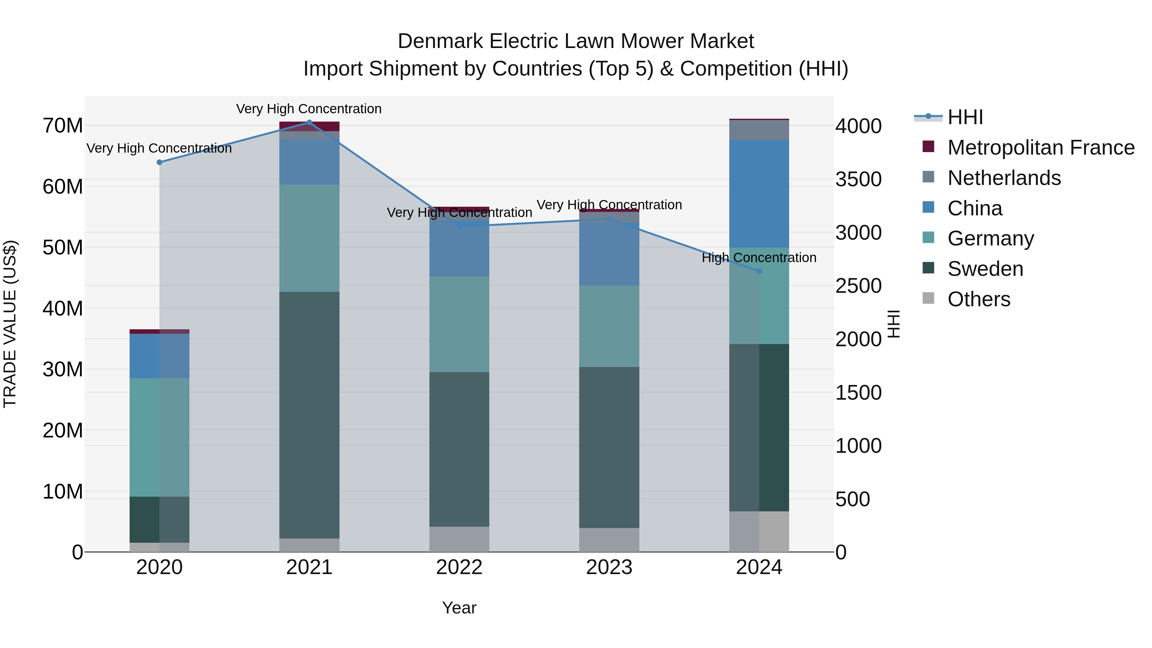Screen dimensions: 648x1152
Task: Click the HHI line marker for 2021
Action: pos(309,122)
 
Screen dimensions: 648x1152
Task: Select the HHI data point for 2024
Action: pos(759,271)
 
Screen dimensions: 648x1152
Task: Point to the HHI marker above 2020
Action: pos(159,162)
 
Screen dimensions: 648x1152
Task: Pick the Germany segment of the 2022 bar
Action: pos(459,324)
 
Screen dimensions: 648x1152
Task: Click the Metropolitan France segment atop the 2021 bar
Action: pos(309,126)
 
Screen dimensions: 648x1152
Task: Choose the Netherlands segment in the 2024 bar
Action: pos(759,130)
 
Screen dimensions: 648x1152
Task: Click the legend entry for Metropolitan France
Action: pos(1040,148)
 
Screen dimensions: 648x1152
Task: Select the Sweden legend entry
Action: pos(985,269)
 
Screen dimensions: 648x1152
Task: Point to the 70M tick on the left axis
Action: pos(63,126)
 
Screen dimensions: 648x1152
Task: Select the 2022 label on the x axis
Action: pos(459,567)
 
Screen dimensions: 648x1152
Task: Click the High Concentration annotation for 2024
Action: pos(759,258)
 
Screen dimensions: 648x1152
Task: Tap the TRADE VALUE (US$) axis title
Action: pos(10,324)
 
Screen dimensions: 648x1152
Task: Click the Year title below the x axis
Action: pos(459,608)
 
